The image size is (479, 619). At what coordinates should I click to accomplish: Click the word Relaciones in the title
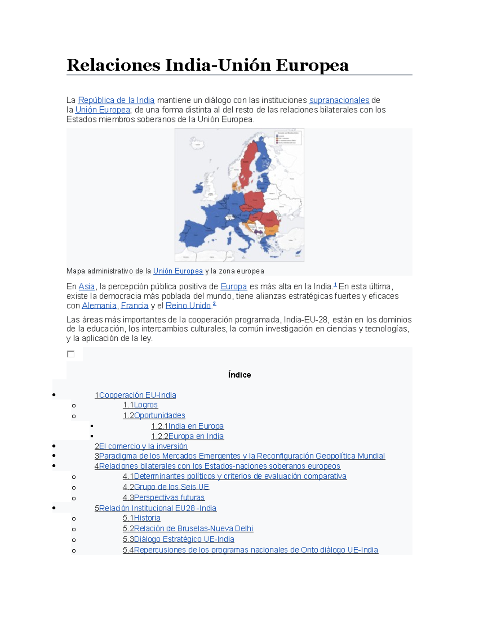[x=113, y=65]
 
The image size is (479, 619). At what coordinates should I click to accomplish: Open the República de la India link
[x=116, y=100]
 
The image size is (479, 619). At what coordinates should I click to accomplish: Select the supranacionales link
[x=339, y=100]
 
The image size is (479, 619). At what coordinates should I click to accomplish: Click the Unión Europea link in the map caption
[x=178, y=271]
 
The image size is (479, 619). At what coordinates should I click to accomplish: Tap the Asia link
[x=87, y=287]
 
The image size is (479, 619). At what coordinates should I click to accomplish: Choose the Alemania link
[x=99, y=306]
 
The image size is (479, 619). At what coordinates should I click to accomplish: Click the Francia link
[x=135, y=306]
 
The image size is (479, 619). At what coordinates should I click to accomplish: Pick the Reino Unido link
[x=188, y=306]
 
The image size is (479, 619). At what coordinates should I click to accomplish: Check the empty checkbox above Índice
[x=71, y=354]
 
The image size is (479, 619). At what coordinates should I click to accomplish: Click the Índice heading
[x=239, y=375]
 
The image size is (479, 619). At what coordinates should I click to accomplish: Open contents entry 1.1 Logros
[x=141, y=405]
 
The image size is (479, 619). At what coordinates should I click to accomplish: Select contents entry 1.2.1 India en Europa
[x=187, y=426]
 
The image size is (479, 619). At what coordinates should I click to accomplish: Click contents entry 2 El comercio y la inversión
[x=141, y=446]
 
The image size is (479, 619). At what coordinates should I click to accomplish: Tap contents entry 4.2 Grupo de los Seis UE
[x=166, y=487]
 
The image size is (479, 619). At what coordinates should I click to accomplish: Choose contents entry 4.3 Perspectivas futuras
[x=164, y=497]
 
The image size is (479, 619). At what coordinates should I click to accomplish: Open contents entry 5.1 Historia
[x=142, y=518]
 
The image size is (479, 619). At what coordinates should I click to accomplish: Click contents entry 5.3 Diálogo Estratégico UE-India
[x=178, y=539]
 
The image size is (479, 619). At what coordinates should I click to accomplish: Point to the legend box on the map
[x=288, y=138]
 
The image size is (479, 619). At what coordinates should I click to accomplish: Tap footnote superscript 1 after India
[x=335, y=285]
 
